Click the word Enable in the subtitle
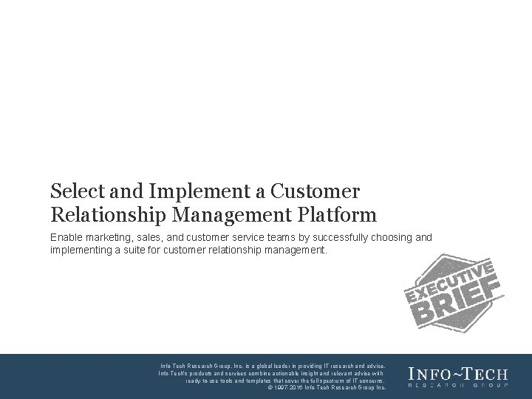[x=67, y=237]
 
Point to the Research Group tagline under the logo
[x=458, y=386]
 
